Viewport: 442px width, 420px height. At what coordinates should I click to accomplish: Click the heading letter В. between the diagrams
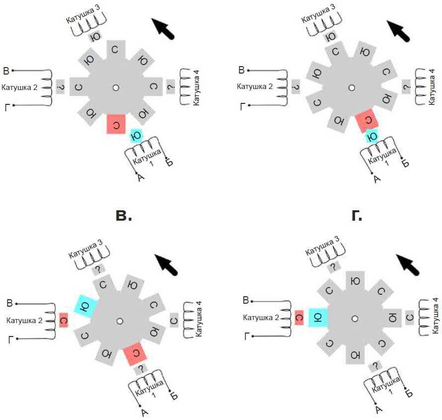(x=123, y=215)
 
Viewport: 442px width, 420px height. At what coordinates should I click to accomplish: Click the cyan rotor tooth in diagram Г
(x=318, y=318)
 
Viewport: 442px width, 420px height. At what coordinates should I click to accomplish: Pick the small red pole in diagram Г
(x=299, y=317)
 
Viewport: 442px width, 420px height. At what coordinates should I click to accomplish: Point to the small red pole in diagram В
(x=63, y=320)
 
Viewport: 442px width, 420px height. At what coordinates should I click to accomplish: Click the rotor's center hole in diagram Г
(x=354, y=318)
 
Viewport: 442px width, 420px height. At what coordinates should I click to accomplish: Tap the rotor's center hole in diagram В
(x=119, y=321)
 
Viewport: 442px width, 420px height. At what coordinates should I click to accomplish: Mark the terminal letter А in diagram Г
(x=378, y=409)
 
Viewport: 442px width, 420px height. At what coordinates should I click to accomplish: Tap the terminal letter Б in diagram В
(x=174, y=396)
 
